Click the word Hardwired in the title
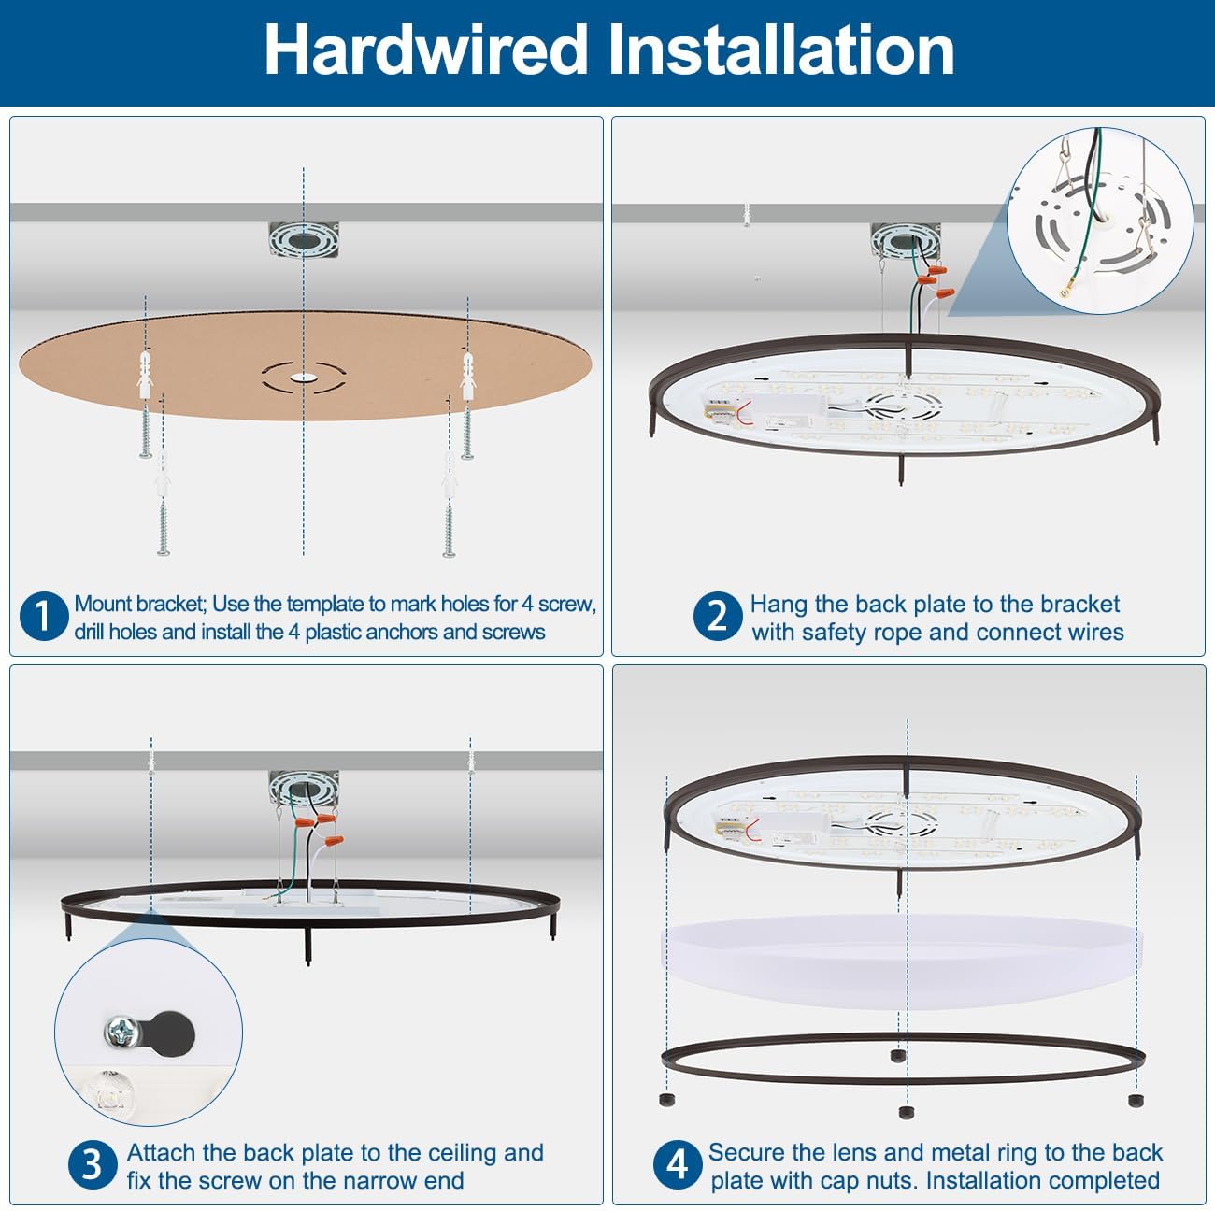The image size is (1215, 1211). pyautogui.click(x=425, y=50)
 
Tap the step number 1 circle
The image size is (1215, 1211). pyautogui.click(x=42, y=618)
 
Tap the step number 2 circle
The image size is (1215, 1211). pyautogui.click(x=717, y=618)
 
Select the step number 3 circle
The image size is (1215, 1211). pyautogui.click(x=92, y=1165)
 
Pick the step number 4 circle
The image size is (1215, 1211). pyautogui.click(x=676, y=1165)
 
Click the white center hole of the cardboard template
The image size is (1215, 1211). pyautogui.click(x=303, y=378)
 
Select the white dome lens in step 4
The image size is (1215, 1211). pyautogui.click(x=902, y=962)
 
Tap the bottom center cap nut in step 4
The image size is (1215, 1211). pyautogui.click(x=904, y=1112)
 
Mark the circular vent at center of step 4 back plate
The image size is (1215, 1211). pyautogui.click(x=901, y=822)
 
